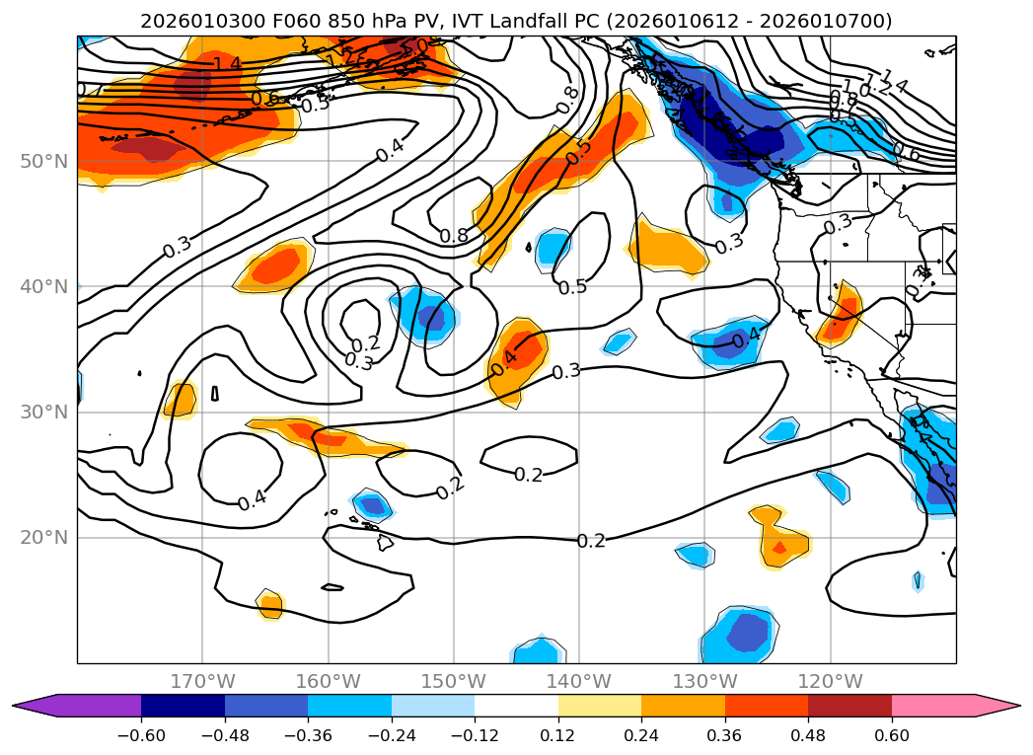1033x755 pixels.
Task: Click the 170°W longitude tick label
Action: (x=202, y=682)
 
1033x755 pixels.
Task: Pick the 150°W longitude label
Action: (x=454, y=682)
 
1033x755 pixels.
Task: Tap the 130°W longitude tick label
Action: (x=704, y=682)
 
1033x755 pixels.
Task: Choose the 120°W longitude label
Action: (x=830, y=682)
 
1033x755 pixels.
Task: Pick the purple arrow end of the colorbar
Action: (x=35, y=706)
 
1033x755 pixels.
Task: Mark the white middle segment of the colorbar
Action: (x=516, y=706)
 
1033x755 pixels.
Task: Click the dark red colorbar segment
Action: (x=849, y=706)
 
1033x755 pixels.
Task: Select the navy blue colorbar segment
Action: (x=183, y=706)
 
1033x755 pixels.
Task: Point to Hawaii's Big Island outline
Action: (x=385, y=543)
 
